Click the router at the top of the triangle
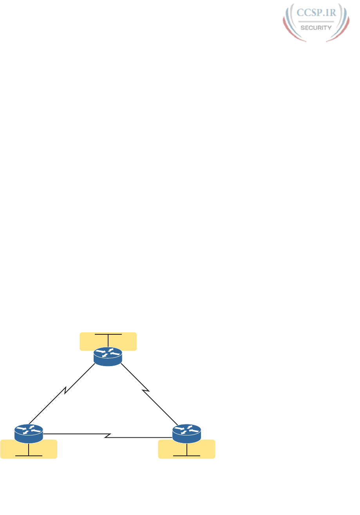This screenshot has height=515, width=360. [108, 356]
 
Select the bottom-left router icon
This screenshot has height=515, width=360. [29, 433]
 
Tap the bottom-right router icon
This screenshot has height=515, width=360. [186, 433]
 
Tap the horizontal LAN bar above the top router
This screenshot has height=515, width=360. [108, 334]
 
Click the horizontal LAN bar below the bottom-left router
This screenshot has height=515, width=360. [29, 456]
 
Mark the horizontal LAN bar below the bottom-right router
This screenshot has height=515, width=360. [186, 456]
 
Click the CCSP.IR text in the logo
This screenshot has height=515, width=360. [316, 13]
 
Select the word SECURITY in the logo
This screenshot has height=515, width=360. [316, 27]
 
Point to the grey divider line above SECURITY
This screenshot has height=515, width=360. [316, 22]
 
